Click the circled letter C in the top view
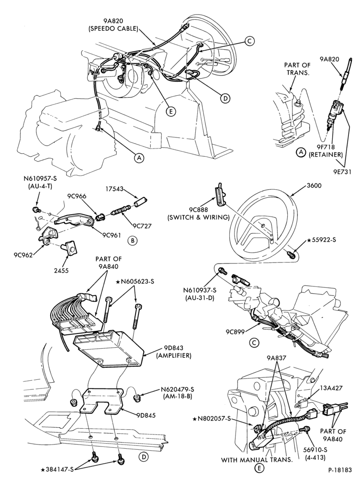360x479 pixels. (249, 41)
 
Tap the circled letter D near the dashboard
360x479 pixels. (225, 98)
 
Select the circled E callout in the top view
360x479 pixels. (171, 112)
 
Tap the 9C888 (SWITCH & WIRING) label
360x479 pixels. (199, 214)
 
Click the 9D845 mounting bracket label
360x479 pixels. (146, 415)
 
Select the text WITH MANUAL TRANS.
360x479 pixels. (257, 459)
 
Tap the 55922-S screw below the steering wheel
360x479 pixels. (291, 254)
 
